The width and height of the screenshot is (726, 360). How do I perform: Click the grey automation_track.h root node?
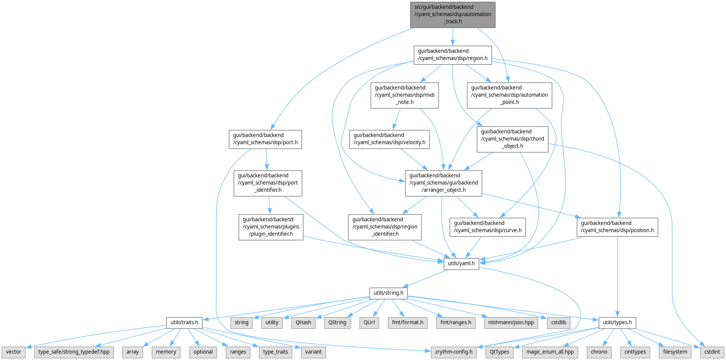click(x=452, y=14)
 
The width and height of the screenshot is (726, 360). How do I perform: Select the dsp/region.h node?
click(x=452, y=55)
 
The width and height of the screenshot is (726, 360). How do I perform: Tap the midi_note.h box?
click(x=405, y=95)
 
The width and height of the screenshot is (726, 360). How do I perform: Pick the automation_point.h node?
click(x=509, y=95)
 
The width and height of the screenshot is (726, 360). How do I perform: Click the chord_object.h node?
click(x=512, y=139)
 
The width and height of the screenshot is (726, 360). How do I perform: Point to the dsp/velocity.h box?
click(x=389, y=139)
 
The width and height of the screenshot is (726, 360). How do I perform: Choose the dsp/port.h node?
click(x=265, y=139)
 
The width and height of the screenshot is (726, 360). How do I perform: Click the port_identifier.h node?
click(x=268, y=183)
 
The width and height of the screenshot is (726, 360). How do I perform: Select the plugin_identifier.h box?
click(x=271, y=227)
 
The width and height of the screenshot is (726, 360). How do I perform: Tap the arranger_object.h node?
click(x=443, y=183)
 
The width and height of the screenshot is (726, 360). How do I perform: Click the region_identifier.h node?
click(x=385, y=227)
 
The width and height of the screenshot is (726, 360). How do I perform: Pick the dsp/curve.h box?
click(x=487, y=227)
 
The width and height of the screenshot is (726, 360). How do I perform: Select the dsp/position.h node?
click(x=617, y=227)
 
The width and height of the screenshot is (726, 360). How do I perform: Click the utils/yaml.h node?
click(x=461, y=264)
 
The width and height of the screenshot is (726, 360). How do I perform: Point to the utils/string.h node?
click(x=388, y=293)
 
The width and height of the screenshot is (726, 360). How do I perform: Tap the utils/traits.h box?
click(x=184, y=323)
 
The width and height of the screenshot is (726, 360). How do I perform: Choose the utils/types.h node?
click(x=617, y=323)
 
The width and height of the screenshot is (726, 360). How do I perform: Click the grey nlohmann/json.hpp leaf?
click(x=511, y=323)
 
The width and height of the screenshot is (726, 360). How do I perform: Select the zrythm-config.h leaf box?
click(x=454, y=352)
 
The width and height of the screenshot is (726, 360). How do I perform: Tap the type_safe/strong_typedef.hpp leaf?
click(x=74, y=352)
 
